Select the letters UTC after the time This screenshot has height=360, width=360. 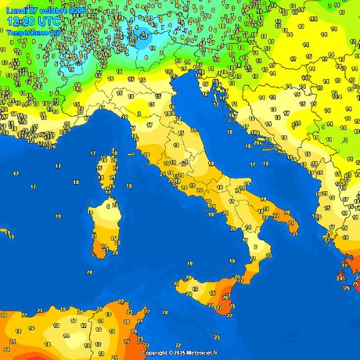click(x=50, y=23)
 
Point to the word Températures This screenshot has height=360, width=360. click(x=28, y=33)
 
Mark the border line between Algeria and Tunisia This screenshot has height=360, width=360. click(x=104, y=329)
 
